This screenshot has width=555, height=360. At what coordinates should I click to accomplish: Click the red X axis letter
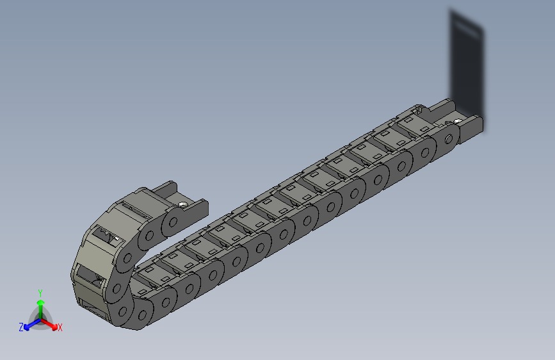coord(60,327)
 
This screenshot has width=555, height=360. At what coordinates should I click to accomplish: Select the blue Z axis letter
coord(21,327)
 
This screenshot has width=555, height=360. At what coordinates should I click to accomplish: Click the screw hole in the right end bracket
coord(458,121)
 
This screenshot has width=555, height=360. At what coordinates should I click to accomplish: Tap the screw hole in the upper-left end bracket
coord(184,204)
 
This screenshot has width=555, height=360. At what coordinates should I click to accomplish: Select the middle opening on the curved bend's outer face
coord(88,277)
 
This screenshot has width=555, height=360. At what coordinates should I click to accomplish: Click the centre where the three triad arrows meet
coord(40,318)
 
